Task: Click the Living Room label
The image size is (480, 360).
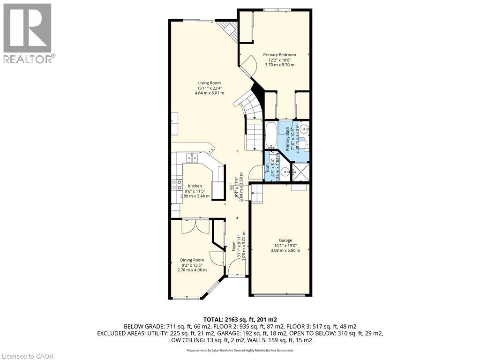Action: (209, 83)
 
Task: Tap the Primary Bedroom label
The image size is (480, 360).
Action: (279, 55)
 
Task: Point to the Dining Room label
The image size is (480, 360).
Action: (192, 260)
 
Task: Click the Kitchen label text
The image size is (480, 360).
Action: (195, 186)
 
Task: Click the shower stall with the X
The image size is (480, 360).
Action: (300, 172)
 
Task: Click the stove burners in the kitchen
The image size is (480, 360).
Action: (176, 184)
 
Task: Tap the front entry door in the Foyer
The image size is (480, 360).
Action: (237, 270)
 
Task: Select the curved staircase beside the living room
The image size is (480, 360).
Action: (248, 108)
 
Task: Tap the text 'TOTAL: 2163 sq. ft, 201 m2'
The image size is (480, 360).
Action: (240, 318)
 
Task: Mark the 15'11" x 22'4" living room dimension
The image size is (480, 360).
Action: (209, 88)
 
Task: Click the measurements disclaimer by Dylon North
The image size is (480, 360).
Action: (240, 350)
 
